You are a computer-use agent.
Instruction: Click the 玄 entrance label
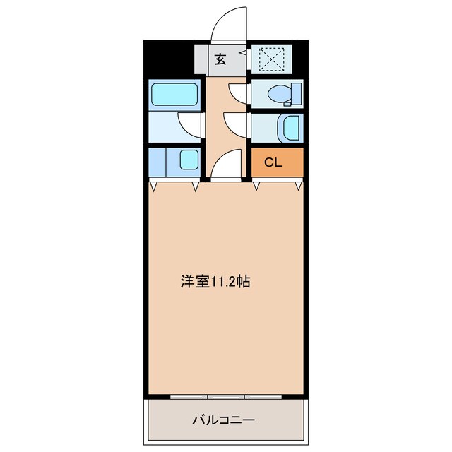[x=220, y=60]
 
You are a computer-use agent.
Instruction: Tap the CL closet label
[x=273, y=162]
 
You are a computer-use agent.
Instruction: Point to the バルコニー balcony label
[x=224, y=420]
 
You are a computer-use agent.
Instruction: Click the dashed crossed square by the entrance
[x=269, y=59]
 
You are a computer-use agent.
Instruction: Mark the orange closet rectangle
[x=278, y=162]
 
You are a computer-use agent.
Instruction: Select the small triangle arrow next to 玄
[x=242, y=52]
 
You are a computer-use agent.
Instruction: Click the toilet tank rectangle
[x=296, y=93]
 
